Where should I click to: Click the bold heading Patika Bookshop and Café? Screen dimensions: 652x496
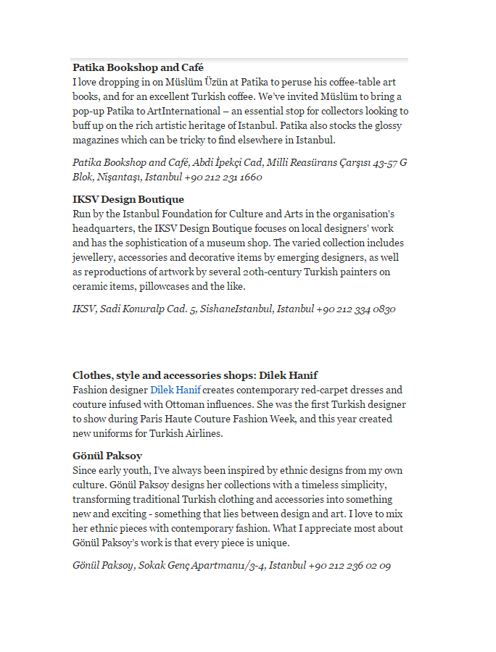138,67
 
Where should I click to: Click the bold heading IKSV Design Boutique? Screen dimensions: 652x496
128,199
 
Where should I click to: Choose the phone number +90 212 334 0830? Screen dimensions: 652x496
355,309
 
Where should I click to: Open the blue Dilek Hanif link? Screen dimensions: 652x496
175,390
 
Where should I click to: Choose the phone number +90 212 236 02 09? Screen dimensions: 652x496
350,565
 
